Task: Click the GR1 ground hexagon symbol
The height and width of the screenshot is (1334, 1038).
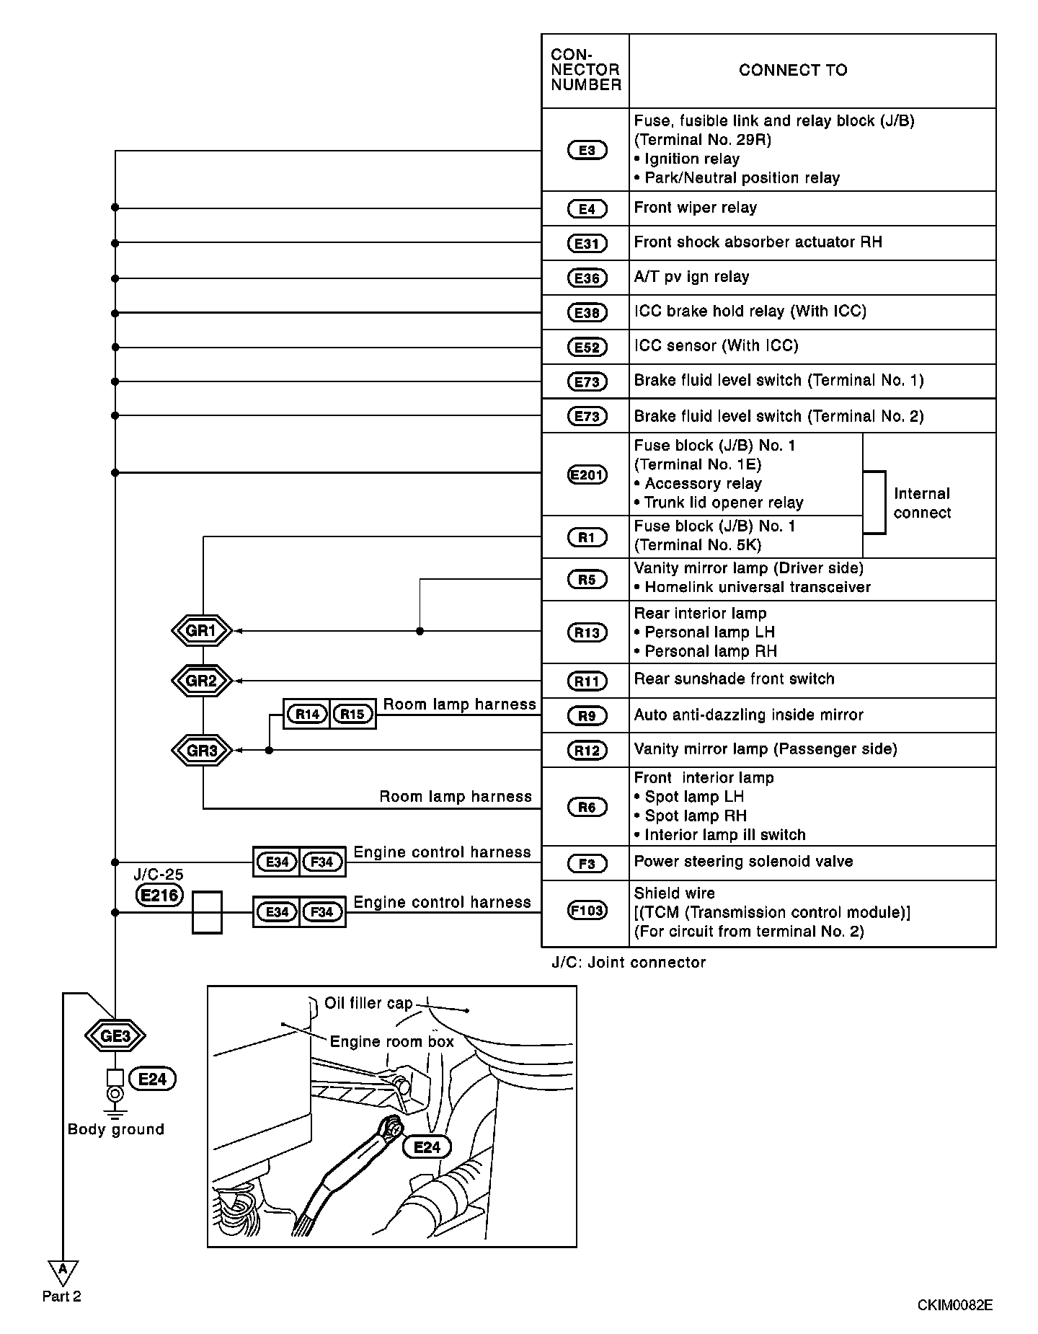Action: click(202, 631)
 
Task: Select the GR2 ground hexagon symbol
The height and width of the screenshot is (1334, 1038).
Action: click(202, 681)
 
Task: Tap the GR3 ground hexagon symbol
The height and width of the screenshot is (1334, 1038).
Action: click(202, 751)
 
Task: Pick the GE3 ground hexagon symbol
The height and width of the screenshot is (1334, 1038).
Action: click(115, 1036)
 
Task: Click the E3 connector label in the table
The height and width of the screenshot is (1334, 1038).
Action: click(587, 150)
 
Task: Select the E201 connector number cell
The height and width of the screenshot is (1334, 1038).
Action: click(587, 474)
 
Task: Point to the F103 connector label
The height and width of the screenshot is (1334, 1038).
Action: click(587, 911)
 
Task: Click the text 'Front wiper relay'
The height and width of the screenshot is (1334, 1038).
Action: click(696, 208)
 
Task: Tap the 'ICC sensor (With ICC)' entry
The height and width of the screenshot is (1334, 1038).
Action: click(717, 346)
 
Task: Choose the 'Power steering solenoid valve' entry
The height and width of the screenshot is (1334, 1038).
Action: click(743, 862)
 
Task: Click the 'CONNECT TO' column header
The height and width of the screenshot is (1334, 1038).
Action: click(793, 71)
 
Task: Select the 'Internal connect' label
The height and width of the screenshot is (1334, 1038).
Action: click(922, 503)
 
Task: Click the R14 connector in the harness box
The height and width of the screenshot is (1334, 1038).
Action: click(308, 714)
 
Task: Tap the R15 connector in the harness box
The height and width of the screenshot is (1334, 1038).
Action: click(352, 714)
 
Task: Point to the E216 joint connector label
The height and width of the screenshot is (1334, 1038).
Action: click(159, 896)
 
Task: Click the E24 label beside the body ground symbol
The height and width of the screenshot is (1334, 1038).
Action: click(152, 1079)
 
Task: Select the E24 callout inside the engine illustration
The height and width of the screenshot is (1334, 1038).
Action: click(427, 1147)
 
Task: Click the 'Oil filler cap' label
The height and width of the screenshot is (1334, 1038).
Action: click(368, 1003)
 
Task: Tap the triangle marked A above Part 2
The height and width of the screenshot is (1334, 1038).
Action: click(63, 1270)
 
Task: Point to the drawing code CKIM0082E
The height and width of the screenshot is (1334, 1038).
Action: click(954, 1305)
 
